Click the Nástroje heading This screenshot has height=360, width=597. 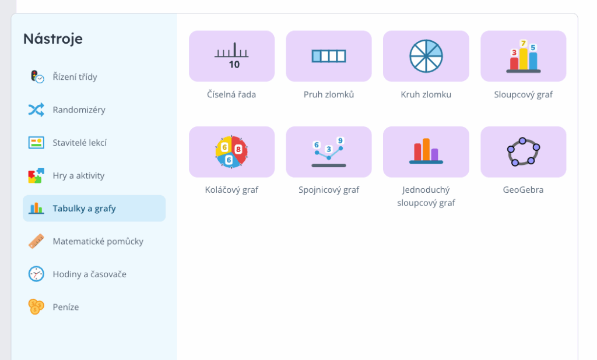tap(53, 39)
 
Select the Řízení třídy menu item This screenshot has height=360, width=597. tap(75, 77)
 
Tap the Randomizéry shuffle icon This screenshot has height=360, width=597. tap(36, 110)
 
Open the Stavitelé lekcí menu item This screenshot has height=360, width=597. tap(79, 143)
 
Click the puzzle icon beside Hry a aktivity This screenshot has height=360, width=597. tap(36, 175)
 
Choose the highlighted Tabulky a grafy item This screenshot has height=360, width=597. tap(94, 209)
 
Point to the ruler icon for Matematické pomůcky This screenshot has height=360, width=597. tap(36, 241)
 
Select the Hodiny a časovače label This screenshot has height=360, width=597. tap(89, 274)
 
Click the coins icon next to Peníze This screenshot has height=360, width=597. tap(36, 307)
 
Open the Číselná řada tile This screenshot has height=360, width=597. tap(231, 56)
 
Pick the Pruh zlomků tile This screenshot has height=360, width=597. tap(328, 56)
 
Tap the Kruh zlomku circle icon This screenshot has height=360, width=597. tap(426, 56)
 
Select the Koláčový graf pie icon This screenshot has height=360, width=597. tap(231, 152)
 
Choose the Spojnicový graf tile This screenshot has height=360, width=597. tap(328, 152)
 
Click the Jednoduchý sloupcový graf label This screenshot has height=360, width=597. tap(426, 196)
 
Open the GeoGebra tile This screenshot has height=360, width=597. tap(523, 152)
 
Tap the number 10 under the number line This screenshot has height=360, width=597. tap(234, 65)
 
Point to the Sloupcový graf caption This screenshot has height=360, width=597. tap(523, 94)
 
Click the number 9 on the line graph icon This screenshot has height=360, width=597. tap(340, 140)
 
